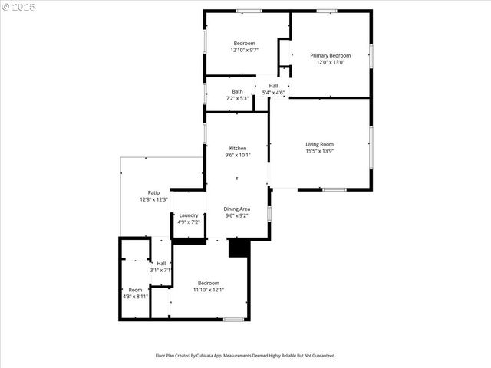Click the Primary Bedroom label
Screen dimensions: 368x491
point(330,55)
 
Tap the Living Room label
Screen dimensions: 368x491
point(320,144)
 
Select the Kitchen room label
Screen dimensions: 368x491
point(238,148)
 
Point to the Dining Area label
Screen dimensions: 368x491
point(237,209)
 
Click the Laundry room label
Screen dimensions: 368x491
point(189,215)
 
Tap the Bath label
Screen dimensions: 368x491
point(238,92)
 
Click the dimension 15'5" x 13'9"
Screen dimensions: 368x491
point(320,151)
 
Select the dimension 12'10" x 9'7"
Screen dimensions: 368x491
point(244,50)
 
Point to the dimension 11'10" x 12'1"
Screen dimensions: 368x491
point(209,290)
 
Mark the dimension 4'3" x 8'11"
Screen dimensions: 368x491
point(135,296)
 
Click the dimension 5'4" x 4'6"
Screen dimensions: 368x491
point(273,93)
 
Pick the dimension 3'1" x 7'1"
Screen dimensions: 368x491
point(161,270)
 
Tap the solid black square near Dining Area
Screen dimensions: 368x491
point(239,248)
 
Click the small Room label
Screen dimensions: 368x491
point(135,289)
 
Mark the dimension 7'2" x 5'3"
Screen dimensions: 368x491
point(238,98)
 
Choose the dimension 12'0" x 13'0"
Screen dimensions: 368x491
point(330,62)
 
